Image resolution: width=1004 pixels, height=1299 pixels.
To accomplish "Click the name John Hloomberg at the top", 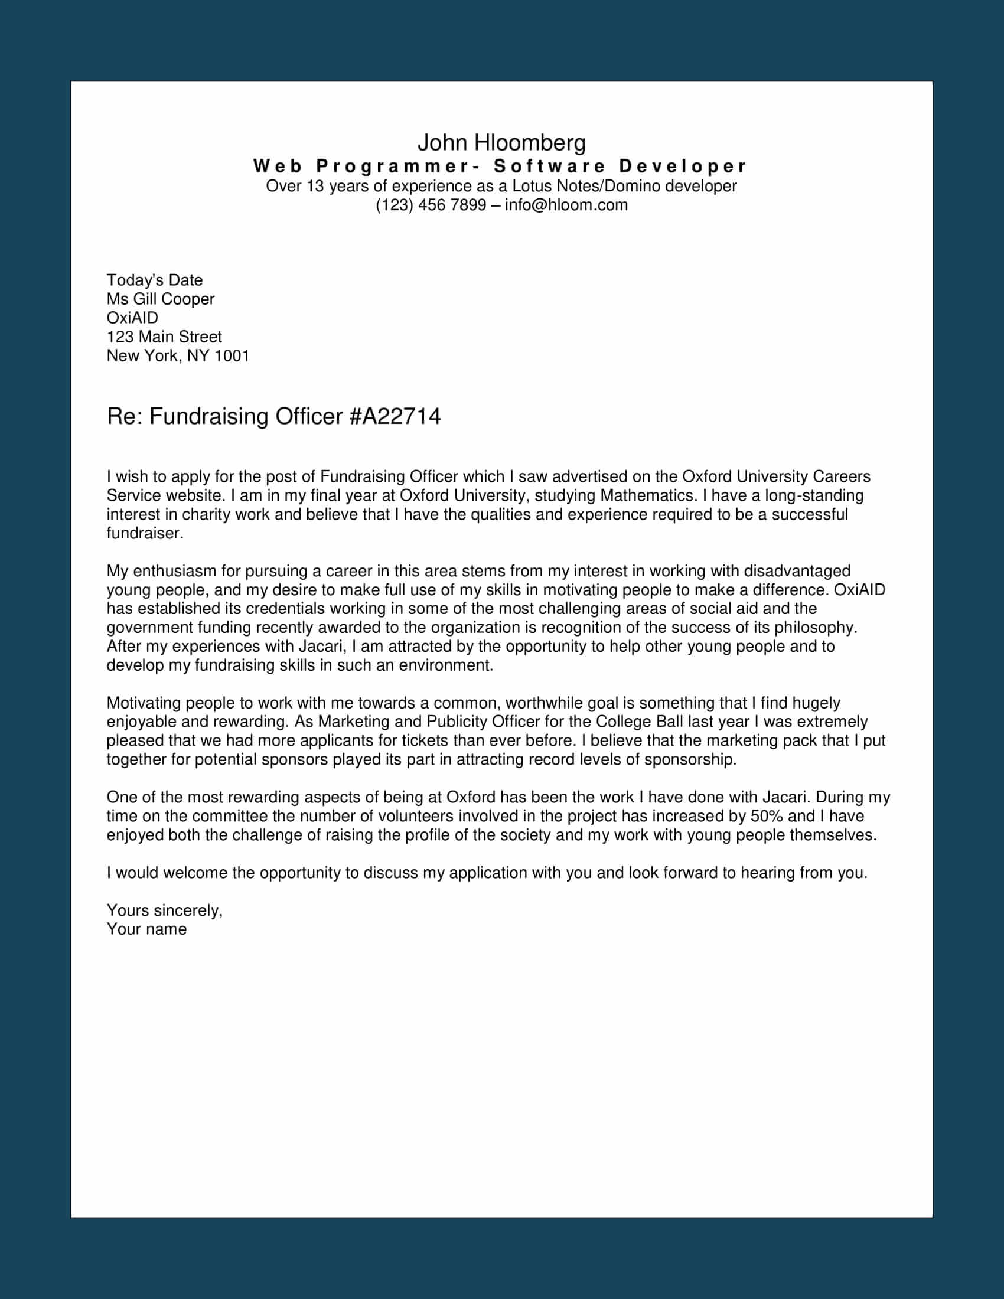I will tap(501, 143).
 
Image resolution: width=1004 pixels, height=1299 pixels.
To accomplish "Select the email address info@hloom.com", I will tap(566, 205).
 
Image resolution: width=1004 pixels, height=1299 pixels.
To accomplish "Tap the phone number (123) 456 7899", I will tap(431, 205).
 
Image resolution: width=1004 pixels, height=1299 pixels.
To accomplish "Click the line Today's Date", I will tap(155, 280).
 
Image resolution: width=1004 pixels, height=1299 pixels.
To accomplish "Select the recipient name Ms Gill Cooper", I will tap(161, 299).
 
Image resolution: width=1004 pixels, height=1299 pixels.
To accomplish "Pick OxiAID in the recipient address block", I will tap(132, 318).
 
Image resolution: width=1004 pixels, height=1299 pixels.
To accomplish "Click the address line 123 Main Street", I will tap(164, 337).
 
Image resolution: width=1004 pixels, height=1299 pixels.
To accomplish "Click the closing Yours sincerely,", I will tap(165, 910).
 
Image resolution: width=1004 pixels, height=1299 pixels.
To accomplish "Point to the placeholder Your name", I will tap(146, 929).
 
